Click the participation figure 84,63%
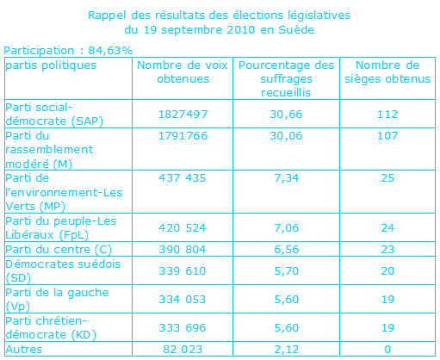pos(110,51)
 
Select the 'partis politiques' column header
pos(51,65)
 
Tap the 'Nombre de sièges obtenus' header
pos(387,72)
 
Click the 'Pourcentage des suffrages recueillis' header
pos(286,79)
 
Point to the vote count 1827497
pos(183,115)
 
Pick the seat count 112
pos(387,115)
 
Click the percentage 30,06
pos(286,136)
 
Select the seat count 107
pos(387,136)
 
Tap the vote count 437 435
pos(183,178)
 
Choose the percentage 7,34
pos(287,178)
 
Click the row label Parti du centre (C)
pos(59,250)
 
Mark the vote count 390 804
pos(183,250)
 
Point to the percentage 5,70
pos(287,271)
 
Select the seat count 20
pos(387,271)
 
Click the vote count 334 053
pos(183,300)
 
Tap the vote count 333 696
pos(183,328)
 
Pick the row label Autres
pos(24,350)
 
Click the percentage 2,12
pos(287,350)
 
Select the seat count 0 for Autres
pos(387,350)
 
